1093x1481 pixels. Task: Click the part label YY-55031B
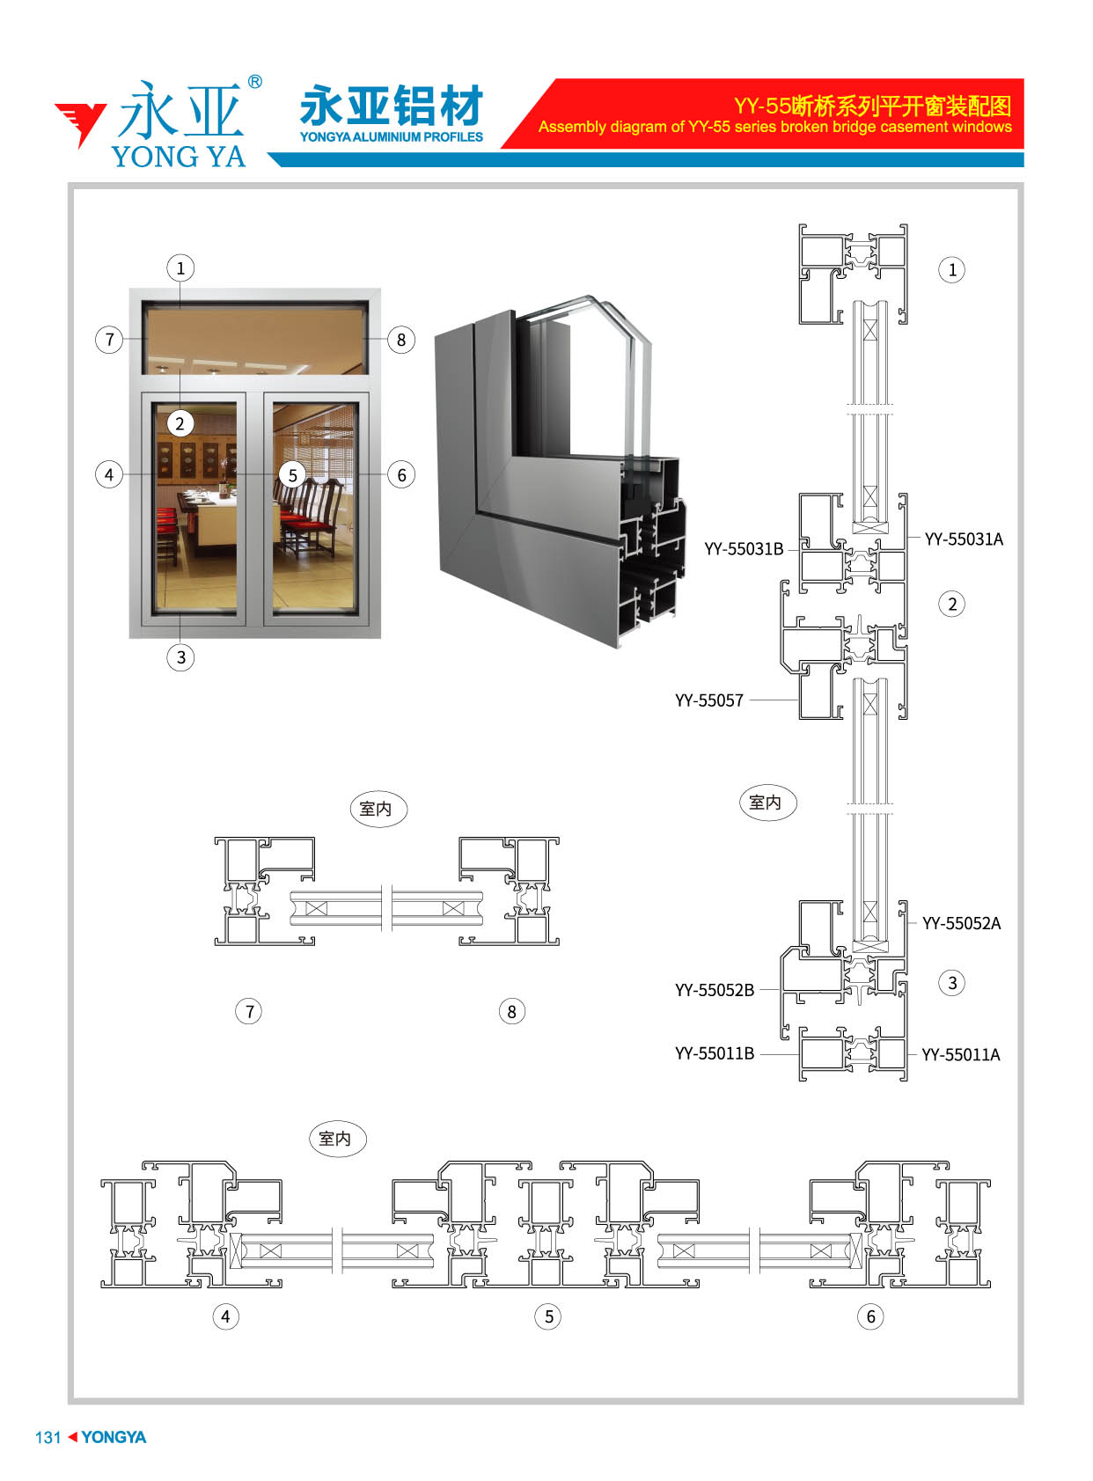click(x=743, y=549)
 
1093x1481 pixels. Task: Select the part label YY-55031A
click(x=963, y=539)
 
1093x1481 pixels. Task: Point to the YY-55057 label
click(x=708, y=700)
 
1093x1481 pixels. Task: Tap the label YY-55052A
click(x=961, y=923)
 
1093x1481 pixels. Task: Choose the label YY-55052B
click(x=714, y=990)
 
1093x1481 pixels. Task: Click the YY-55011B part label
click(x=714, y=1053)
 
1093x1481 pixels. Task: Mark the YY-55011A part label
click(x=960, y=1054)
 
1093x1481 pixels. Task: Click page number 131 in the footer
click(x=48, y=1437)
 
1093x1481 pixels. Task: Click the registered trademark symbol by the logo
click(x=255, y=82)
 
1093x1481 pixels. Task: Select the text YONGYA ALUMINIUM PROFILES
click(x=392, y=137)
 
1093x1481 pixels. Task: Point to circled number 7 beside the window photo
click(x=109, y=339)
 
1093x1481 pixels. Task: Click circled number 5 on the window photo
click(x=292, y=475)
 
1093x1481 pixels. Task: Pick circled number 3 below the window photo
click(x=180, y=657)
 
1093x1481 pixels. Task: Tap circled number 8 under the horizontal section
click(x=511, y=1011)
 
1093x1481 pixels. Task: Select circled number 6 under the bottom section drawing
click(x=870, y=1316)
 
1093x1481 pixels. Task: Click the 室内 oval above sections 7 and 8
click(x=378, y=809)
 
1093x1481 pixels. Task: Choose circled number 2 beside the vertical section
click(x=951, y=604)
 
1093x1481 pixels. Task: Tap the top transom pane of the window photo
click(x=255, y=339)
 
